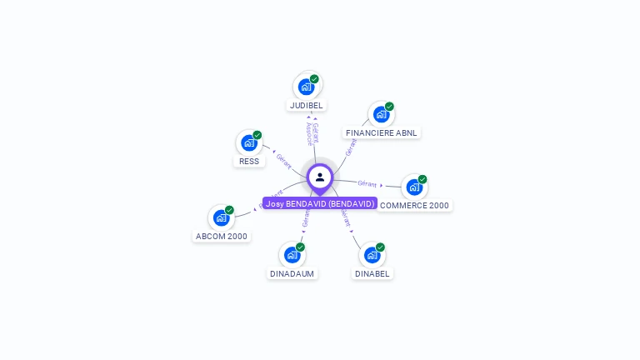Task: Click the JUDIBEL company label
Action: [x=306, y=106]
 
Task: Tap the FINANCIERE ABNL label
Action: [x=382, y=132]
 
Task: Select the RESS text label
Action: [x=249, y=161]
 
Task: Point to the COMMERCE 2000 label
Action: [x=414, y=205]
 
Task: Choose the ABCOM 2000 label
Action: [x=221, y=236]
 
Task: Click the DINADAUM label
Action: [x=292, y=273]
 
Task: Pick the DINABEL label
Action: [x=372, y=273]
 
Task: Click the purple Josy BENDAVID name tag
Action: [x=320, y=203]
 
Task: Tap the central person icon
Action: [x=320, y=177]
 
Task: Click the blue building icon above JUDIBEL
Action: [x=307, y=86]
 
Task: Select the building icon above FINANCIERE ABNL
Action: [x=382, y=113]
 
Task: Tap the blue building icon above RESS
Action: [x=249, y=142]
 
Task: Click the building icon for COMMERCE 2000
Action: [x=414, y=187]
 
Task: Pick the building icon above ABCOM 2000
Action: [x=221, y=217]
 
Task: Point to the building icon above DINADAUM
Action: [x=292, y=254]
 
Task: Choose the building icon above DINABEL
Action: [x=372, y=254]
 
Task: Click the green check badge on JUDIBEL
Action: [x=314, y=79]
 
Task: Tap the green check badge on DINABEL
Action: [x=380, y=247]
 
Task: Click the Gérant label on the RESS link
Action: [x=283, y=160]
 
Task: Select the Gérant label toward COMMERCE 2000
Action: [x=367, y=183]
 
